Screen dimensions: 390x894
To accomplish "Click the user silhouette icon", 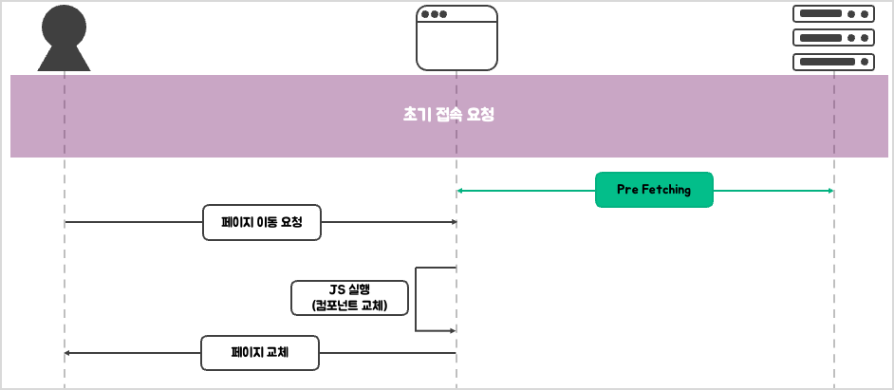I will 64,40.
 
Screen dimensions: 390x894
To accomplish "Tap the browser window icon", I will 456,38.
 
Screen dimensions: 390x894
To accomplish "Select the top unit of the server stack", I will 833,13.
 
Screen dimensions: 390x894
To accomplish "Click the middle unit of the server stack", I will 833,38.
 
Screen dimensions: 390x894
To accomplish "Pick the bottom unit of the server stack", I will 833,62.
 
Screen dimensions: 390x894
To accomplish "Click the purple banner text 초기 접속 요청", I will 449,115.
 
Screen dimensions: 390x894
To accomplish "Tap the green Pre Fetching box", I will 654,190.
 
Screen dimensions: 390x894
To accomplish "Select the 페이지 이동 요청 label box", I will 262,222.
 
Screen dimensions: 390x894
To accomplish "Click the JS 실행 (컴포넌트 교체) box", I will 349,297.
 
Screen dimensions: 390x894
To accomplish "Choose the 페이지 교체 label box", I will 260,353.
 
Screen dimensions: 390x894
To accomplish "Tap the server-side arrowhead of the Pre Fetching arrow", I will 830,191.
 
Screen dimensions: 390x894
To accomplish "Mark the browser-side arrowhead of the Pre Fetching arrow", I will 460,191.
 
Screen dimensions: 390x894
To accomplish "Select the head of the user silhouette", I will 64,25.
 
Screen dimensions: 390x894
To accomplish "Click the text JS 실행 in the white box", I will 349,289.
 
